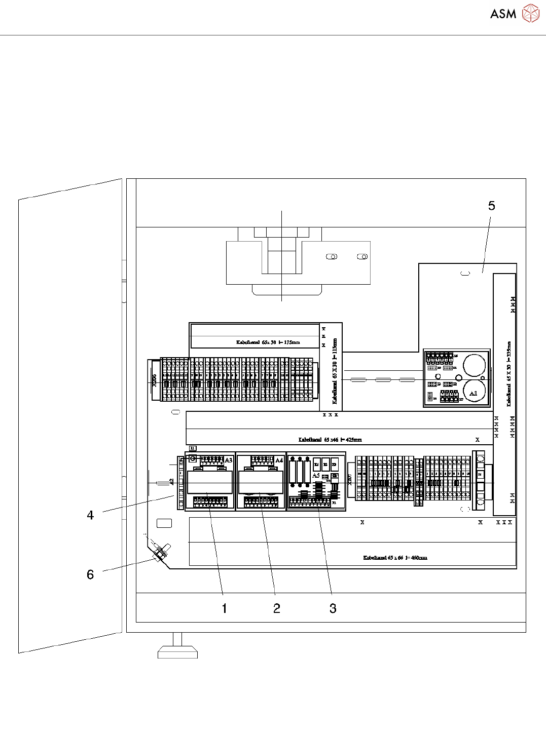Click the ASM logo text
503,14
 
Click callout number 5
491,206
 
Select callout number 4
90,515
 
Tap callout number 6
90,574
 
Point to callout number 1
225,608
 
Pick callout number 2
277,608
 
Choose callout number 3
333,608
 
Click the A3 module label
229,460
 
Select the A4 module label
279,460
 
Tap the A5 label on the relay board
316,476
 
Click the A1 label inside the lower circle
473,394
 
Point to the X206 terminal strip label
155,380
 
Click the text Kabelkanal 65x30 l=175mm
268,342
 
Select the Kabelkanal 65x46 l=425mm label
330,440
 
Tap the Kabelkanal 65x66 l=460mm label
395,558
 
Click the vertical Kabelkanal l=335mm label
509,374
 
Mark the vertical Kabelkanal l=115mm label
335,371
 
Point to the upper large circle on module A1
475,365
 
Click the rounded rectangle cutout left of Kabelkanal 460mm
164,523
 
